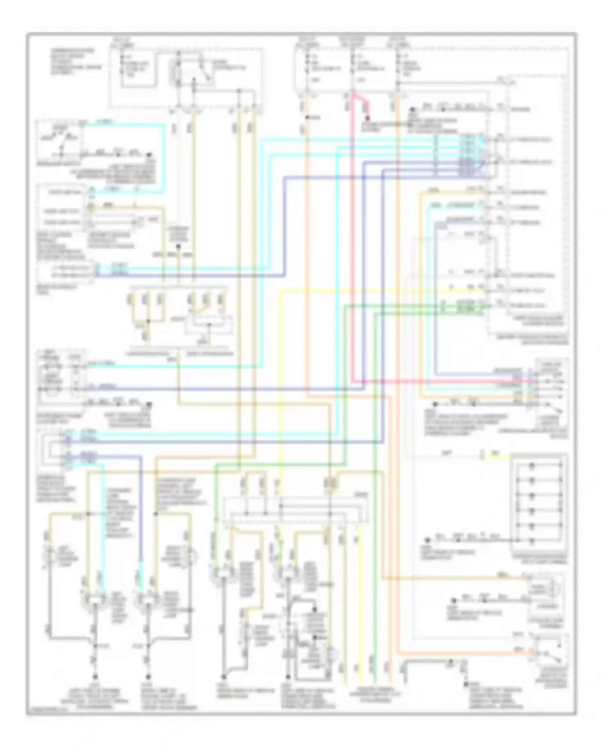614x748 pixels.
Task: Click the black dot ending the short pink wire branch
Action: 367,122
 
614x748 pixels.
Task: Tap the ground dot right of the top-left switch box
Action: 149,155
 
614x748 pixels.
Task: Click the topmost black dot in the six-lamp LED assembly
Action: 532,466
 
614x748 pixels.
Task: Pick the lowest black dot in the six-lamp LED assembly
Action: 532,541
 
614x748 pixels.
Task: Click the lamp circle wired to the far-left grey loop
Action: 50,556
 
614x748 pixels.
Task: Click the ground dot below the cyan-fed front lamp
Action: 95,677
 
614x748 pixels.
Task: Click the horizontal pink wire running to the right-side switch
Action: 442,381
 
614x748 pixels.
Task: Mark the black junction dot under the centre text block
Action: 178,247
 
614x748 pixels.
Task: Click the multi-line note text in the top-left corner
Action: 72,58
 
